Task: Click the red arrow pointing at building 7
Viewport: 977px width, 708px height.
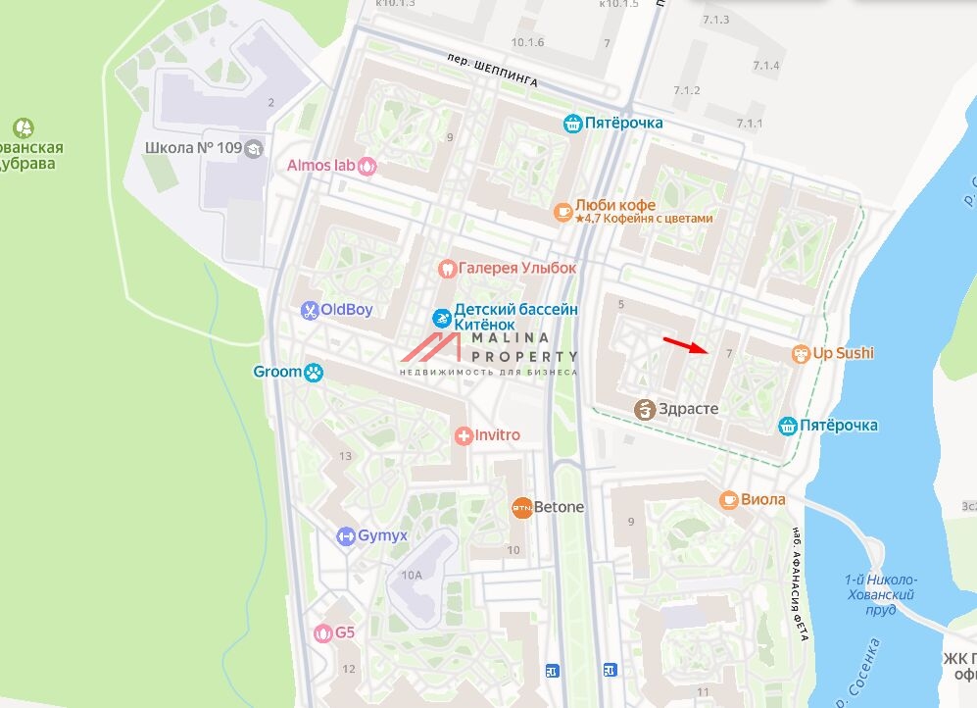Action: click(685, 344)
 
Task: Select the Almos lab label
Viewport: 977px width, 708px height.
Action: click(320, 166)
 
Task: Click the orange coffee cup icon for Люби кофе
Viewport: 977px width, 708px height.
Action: click(562, 211)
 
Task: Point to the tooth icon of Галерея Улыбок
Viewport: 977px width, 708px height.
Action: click(446, 268)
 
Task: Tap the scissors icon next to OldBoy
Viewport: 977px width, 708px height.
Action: click(309, 310)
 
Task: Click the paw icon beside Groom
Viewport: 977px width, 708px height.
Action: click(314, 372)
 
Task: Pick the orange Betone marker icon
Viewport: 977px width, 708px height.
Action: click(521, 507)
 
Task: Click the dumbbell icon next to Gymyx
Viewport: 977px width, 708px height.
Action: click(345, 535)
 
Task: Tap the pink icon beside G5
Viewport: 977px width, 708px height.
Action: click(322, 632)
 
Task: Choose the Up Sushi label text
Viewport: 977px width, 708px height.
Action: click(843, 353)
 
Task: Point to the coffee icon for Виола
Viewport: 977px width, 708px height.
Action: click(728, 499)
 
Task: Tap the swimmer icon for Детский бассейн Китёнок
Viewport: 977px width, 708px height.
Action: click(442, 318)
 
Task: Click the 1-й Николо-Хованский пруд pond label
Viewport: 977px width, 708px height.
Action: click(880, 594)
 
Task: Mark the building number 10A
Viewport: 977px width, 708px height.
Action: click(411, 575)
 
